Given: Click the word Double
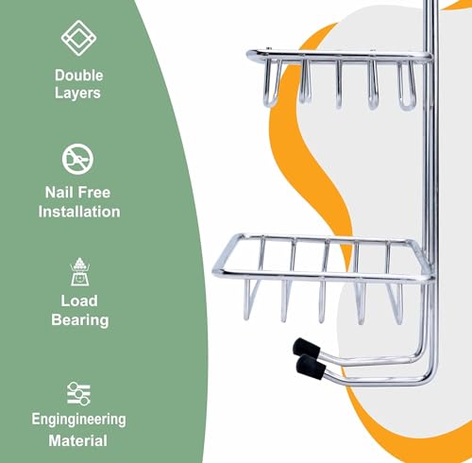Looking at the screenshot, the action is pyautogui.click(x=79, y=76).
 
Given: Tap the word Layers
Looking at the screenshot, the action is pyautogui.click(x=77, y=93).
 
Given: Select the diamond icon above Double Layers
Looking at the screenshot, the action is pyautogui.click(x=78, y=38).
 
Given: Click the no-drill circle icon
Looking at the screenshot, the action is pyautogui.click(x=77, y=159).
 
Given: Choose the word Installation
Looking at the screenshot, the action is pyautogui.click(x=79, y=212).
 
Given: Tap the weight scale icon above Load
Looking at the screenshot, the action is pyautogui.click(x=79, y=272).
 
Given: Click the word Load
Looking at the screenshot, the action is pyautogui.click(x=79, y=300).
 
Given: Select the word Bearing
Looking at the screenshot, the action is pyautogui.click(x=80, y=320).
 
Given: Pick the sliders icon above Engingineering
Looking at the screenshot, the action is pyautogui.click(x=78, y=393).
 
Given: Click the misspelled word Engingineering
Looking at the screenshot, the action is pyautogui.click(x=78, y=420).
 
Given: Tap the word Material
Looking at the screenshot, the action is pyautogui.click(x=77, y=440).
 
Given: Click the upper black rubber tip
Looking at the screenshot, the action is pyautogui.click(x=306, y=349).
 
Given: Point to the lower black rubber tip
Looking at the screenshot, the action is pyautogui.click(x=311, y=368).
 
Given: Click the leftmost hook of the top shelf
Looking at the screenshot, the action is pyautogui.click(x=272, y=82).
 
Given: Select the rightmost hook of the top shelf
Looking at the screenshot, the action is pyautogui.click(x=407, y=85).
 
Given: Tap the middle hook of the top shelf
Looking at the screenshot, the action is pyautogui.click(x=339, y=84).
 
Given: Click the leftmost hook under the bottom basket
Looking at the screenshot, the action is pyautogui.click(x=249, y=300).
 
